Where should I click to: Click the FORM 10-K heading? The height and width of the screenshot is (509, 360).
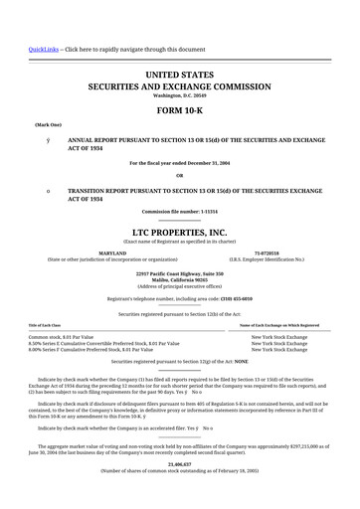point(179,111)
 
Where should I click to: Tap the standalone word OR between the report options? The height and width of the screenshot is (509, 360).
point(179,175)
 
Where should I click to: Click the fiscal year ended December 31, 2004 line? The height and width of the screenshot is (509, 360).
point(179,161)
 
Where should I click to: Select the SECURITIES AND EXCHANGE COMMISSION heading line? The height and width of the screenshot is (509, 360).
point(179,85)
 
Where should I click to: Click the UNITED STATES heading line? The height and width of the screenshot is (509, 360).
point(179,74)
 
